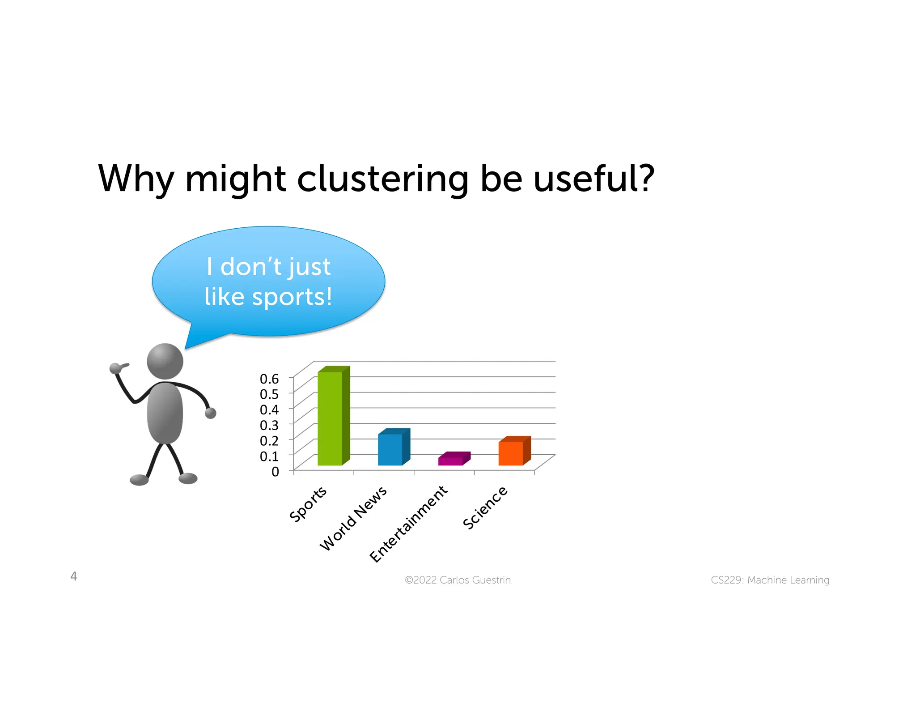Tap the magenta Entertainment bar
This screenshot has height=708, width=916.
click(450, 461)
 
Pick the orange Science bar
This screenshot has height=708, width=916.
click(511, 453)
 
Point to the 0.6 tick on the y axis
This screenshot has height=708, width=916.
click(269, 379)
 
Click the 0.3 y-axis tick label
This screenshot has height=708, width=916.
click(269, 425)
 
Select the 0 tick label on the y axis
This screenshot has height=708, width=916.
click(275, 471)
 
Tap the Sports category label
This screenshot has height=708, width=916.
click(308, 504)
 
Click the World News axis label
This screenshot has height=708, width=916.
click(353, 518)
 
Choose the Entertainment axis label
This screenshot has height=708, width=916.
click(408, 524)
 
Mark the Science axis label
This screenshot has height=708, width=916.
click(485, 508)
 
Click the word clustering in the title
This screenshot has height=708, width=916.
click(382, 179)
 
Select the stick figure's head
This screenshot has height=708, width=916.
click(165, 361)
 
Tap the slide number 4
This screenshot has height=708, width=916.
click(74, 576)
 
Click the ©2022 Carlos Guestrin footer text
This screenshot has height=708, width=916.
click(458, 580)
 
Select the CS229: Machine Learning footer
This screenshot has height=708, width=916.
click(770, 580)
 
